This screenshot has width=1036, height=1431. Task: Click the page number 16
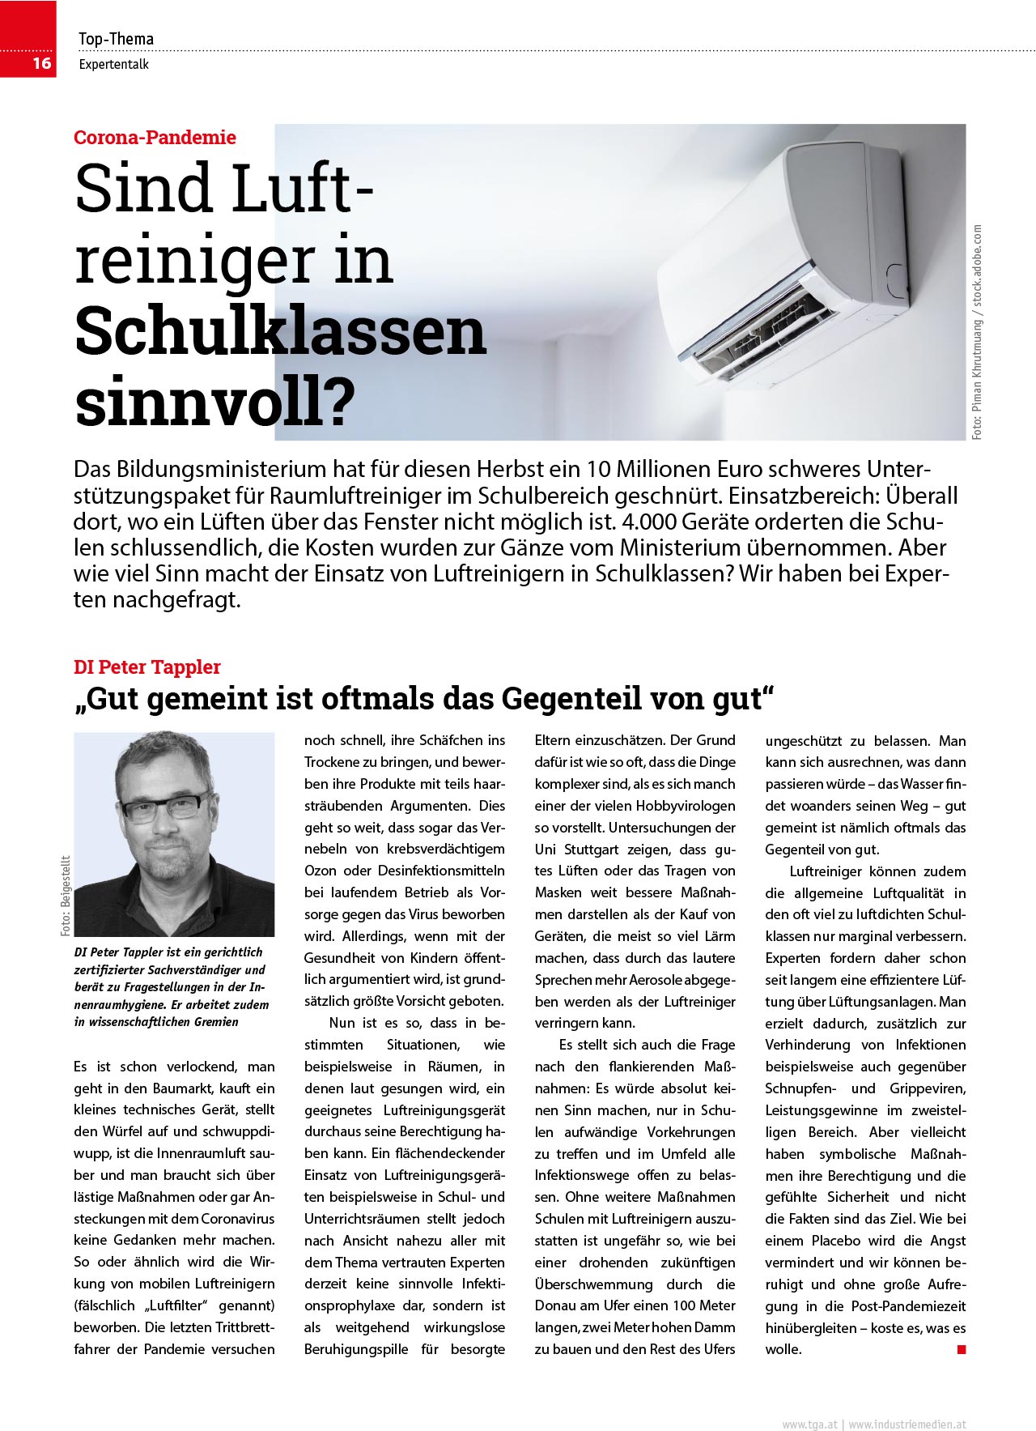pyautogui.click(x=41, y=63)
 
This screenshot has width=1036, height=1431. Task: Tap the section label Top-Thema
pyautogui.click(x=116, y=39)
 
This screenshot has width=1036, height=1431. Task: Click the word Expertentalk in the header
pyautogui.click(x=114, y=65)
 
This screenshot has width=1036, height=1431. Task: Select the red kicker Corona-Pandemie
pyautogui.click(x=155, y=138)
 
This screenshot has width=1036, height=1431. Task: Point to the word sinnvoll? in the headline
pyautogui.click(x=214, y=402)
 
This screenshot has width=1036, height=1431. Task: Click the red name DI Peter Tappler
pyautogui.click(x=146, y=667)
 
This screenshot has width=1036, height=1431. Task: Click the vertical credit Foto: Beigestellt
pyautogui.click(x=66, y=896)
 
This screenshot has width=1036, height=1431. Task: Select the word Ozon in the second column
pyautogui.click(x=321, y=871)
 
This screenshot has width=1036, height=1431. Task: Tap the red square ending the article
pyautogui.click(x=962, y=1349)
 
